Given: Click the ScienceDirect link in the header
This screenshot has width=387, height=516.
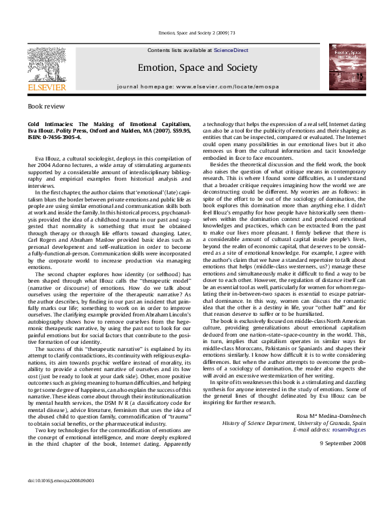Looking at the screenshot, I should click(230, 50).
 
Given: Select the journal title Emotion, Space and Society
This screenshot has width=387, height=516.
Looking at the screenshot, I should click(197, 68).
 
